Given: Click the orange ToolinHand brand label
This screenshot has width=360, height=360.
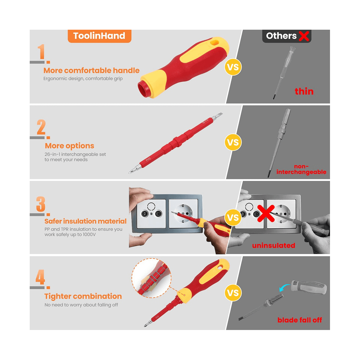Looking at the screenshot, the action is pyautogui.click(x=99, y=36).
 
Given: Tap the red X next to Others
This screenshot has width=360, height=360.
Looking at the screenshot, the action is pyautogui.click(x=304, y=36).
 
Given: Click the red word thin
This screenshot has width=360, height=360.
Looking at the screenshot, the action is pyautogui.click(x=304, y=91).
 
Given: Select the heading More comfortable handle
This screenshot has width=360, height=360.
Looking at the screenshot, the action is pyautogui.click(x=91, y=70).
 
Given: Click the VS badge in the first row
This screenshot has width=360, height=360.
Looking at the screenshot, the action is pyautogui.click(x=233, y=67).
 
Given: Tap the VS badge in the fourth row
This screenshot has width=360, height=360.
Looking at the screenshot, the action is pyautogui.click(x=233, y=293).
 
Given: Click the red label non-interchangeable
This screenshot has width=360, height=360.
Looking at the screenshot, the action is pyautogui.click(x=301, y=169).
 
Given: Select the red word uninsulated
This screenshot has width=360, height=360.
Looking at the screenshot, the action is pyautogui.click(x=274, y=245).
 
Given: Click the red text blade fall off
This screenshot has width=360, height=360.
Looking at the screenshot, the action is pyautogui.click(x=300, y=320).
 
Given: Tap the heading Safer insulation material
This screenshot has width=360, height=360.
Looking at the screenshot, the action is pyautogui.click(x=85, y=221).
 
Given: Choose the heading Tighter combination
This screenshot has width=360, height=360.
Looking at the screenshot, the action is pyautogui.click(x=83, y=296).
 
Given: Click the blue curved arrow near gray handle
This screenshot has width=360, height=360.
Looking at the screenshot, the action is pyautogui.click(x=284, y=288).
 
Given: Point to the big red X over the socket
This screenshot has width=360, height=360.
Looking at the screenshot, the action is pyautogui.click(x=266, y=214).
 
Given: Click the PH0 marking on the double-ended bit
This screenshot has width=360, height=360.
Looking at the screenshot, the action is pyautogui.click(x=148, y=159).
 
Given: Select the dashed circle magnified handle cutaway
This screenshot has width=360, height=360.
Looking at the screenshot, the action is pyautogui.click(x=151, y=278).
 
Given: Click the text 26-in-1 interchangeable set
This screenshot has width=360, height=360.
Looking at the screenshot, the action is pyautogui.click(x=75, y=154).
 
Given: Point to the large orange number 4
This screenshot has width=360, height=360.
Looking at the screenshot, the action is pyautogui.click(x=40, y=277).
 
